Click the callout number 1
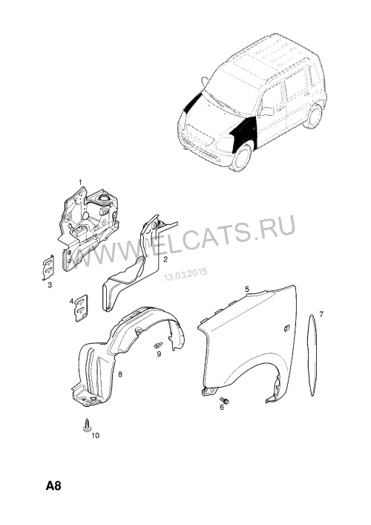[x=80, y=182]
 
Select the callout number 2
[x=165, y=259]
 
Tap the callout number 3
[x=50, y=285]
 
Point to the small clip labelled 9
[x=158, y=345]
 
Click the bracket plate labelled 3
[x=48, y=267]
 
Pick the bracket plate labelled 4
[x=81, y=308]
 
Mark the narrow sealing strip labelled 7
[x=312, y=356]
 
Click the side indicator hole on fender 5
[x=286, y=329]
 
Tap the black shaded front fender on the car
[x=244, y=132]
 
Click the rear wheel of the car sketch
[x=314, y=117]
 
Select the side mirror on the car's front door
[x=266, y=111]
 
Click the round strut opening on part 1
[x=104, y=198]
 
